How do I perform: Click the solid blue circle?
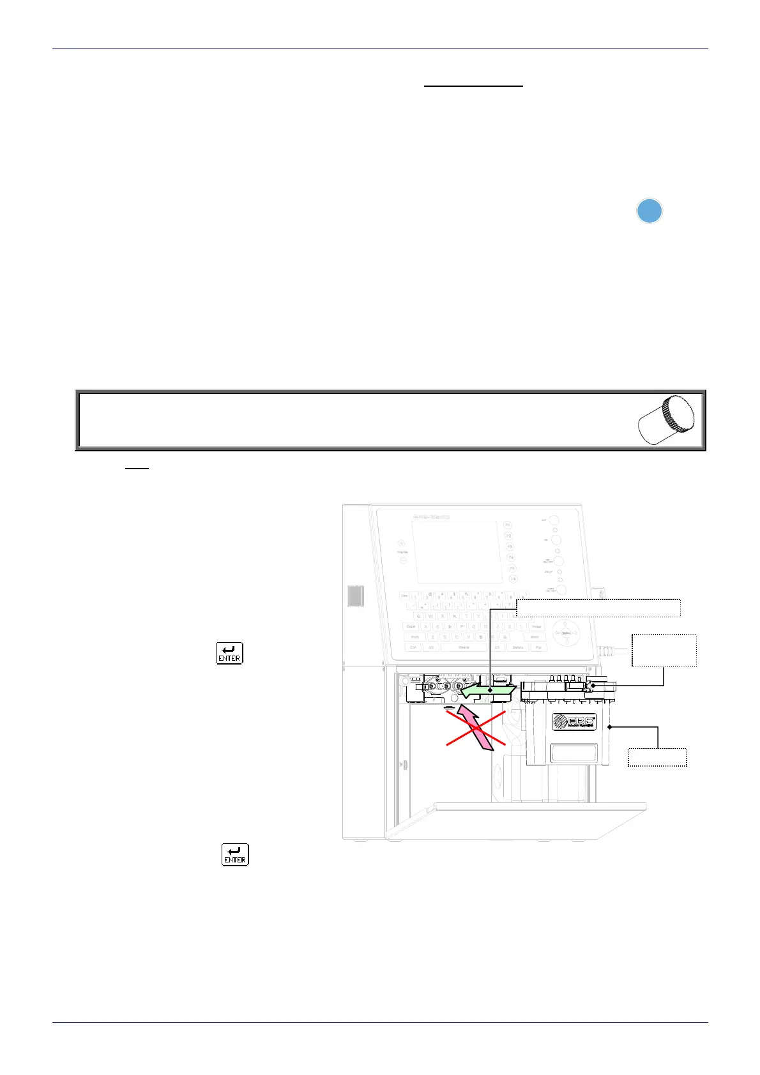pyautogui.click(x=650, y=211)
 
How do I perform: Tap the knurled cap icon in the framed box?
pyautogui.click(x=667, y=420)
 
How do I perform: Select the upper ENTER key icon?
pyautogui.click(x=229, y=653)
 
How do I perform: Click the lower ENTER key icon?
pyautogui.click(x=235, y=855)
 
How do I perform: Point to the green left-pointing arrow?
pyautogui.click(x=487, y=690)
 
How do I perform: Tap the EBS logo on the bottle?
pyautogui.click(x=574, y=721)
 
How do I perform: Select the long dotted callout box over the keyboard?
pyautogui.click(x=598, y=608)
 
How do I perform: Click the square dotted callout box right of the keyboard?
pyautogui.click(x=664, y=650)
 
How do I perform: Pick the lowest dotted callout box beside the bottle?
pyautogui.click(x=657, y=757)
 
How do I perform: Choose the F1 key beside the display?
pyautogui.click(x=508, y=525)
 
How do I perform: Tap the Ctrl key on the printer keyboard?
pyautogui.click(x=414, y=647)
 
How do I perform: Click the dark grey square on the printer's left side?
pyautogui.click(x=356, y=596)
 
